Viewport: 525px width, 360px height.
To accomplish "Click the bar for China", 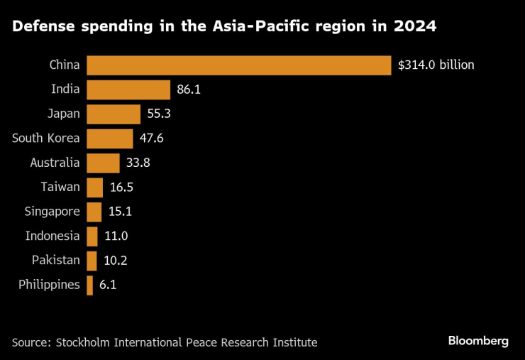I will point(238,65).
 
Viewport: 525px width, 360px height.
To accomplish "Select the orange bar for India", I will point(128,89).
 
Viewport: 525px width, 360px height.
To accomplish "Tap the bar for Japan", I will point(114,114).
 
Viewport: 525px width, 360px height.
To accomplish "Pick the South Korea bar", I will point(109,138).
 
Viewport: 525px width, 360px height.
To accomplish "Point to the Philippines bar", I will point(90,285).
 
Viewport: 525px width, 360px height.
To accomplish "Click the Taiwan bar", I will point(94,187).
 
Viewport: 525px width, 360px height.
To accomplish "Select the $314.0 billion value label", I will point(436,65).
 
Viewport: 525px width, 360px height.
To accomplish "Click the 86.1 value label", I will point(189,89).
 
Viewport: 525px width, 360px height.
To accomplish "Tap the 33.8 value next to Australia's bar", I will point(138,163).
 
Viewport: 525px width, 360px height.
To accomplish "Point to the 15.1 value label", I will point(120,212).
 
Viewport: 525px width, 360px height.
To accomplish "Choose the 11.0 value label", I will point(116,236).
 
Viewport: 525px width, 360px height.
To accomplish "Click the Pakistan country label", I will point(55,261).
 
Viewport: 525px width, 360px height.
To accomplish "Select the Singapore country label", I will point(52,212).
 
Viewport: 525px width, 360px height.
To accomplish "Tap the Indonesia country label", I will point(52,236).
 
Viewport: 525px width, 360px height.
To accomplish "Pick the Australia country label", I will point(55,163).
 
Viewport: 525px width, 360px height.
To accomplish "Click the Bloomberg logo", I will point(477,341).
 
